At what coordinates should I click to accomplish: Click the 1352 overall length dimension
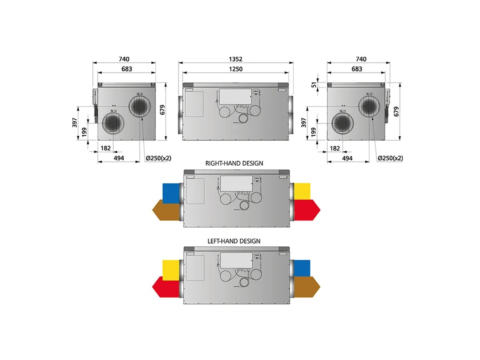tap(236, 59)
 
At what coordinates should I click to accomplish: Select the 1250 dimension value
tap(236, 69)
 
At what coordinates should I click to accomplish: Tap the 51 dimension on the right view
tap(314, 85)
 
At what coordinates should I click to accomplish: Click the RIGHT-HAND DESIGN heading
tap(234, 163)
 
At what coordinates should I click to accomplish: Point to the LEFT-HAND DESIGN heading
tap(234, 241)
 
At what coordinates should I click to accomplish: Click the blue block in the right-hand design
tap(171, 194)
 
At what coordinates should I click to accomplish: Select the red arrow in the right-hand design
tap(307, 210)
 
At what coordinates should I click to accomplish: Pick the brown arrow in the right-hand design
tap(166, 210)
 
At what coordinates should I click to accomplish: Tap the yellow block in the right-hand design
tap(302, 192)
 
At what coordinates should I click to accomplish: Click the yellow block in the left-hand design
tap(171, 270)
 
